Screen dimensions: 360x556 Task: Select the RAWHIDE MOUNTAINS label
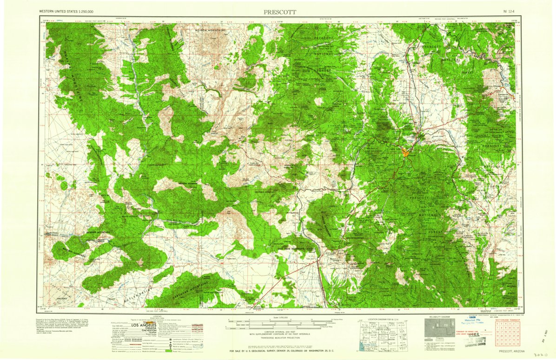pos(98,231)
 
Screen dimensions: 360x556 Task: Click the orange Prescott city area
pos(406,151)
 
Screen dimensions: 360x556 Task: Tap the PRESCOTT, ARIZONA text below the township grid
pos(511,352)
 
